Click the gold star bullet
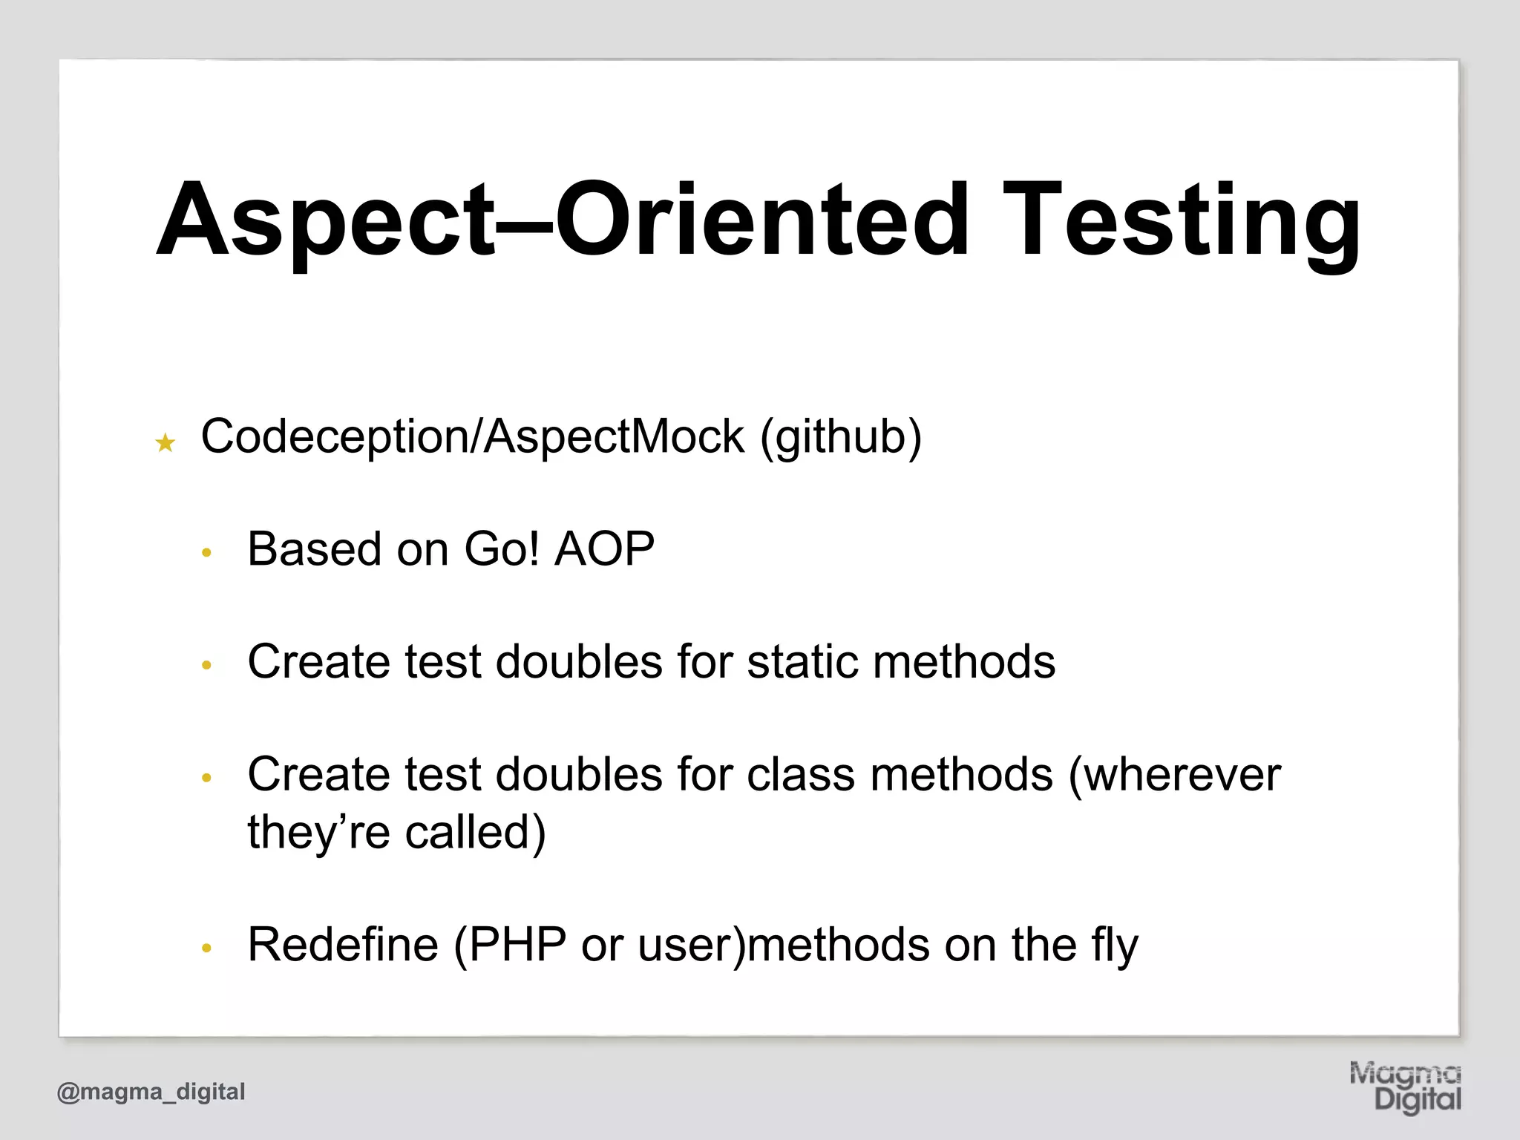(x=165, y=444)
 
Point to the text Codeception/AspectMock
(x=472, y=437)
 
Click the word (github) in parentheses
(x=840, y=437)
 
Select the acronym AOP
(x=604, y=549)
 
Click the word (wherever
(x=1174, y=775)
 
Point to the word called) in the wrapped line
(x=475, y=832)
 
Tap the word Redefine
(x=343, y=945)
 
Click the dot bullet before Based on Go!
(x=207, y=553)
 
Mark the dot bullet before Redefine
(x=207, y=949)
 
